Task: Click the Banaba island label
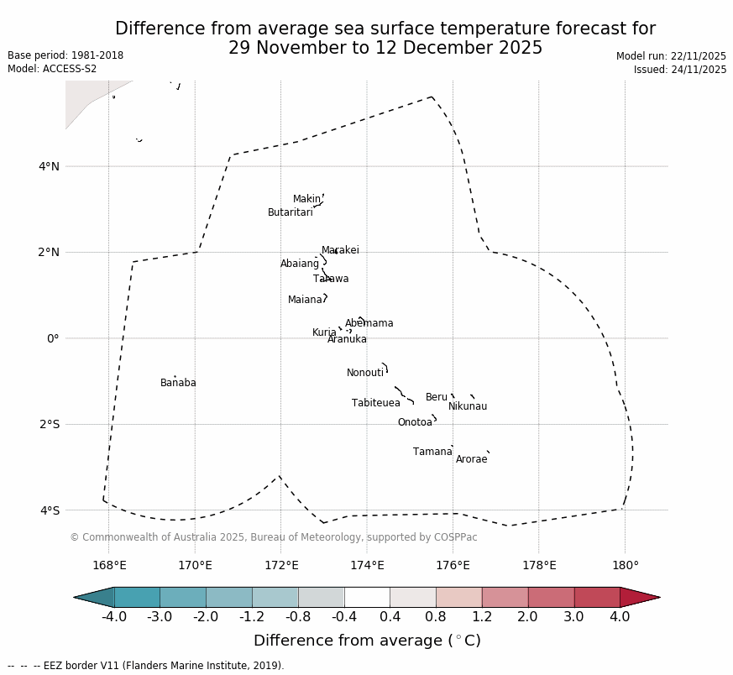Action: tap(178, 384)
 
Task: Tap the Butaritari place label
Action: tap(290, 213)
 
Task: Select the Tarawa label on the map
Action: tap(331, 280)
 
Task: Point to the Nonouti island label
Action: tap(364, 374)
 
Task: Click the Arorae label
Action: tap(471, 460)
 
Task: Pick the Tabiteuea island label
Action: tap(375, 404)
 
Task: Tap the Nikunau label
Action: tap(467, 407)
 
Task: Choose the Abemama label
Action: tap(369, 324)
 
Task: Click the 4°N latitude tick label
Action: tap(49, 166)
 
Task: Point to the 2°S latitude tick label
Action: tap(49, 425)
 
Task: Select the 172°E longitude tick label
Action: tap(281, 566)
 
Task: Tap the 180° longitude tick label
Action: tap(625, 566)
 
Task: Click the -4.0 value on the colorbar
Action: tap(114, 618)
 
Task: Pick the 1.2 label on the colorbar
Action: tap(482, 618)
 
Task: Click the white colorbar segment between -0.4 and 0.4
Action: tap(367, 598)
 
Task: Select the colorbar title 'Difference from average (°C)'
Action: tap(367, 641)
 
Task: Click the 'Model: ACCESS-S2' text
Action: tap(52, 69)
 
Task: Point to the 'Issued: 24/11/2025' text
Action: tap(679, 70)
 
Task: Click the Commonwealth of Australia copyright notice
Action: tap(273, 538)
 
